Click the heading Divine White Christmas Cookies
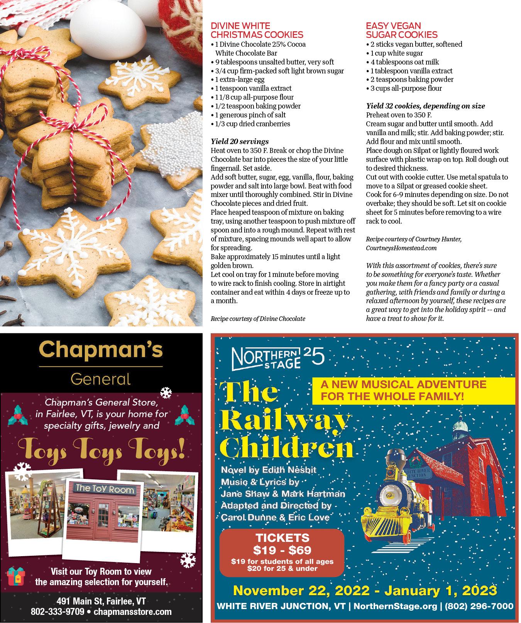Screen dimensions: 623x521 click(x=257, y=30)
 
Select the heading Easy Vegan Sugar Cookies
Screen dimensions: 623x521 click(x=401, y=30)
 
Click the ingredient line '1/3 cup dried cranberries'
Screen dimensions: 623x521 click(x=250, y=124)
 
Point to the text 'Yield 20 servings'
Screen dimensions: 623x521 click(x=239, y=141)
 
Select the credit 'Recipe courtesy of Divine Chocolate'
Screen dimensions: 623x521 click(x=258, y=319)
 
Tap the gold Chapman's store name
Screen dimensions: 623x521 click(x=101, y=350)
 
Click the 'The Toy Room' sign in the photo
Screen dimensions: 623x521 click(x=100, y=490)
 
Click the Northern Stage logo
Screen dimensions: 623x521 click(x=278, y=357)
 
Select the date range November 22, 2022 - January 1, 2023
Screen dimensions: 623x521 click(x=365, y=590)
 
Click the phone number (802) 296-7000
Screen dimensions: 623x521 click(x=479, y=606)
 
